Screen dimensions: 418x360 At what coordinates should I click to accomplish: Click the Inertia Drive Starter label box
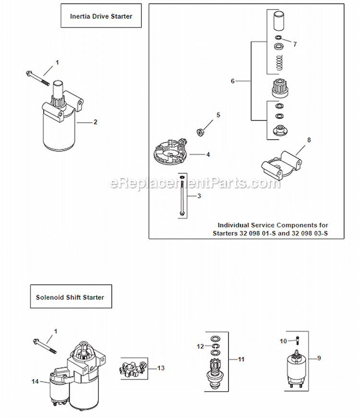point(101,16)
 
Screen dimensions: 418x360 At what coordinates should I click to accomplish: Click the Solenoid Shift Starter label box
point(70,297)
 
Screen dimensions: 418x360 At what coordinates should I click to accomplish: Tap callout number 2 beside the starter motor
point(95,122)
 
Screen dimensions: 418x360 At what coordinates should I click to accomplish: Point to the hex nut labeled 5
point(201,130)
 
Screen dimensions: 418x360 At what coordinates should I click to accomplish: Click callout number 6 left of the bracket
point(233,81)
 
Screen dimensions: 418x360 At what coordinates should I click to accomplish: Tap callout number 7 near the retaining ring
point(295,44)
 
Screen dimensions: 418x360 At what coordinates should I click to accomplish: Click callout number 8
point(309,140)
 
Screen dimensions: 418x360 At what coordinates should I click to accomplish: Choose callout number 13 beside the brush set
point(161,368)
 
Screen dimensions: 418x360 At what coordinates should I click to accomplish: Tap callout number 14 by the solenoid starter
point(35,382)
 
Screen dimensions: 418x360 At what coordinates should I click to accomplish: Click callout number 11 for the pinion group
point(241,359)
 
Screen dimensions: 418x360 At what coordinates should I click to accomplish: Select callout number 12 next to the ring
point(200,346)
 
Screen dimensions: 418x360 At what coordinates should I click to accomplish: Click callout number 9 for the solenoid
point(318,358)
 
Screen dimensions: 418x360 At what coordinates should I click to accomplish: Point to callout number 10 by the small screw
point(283,341)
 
